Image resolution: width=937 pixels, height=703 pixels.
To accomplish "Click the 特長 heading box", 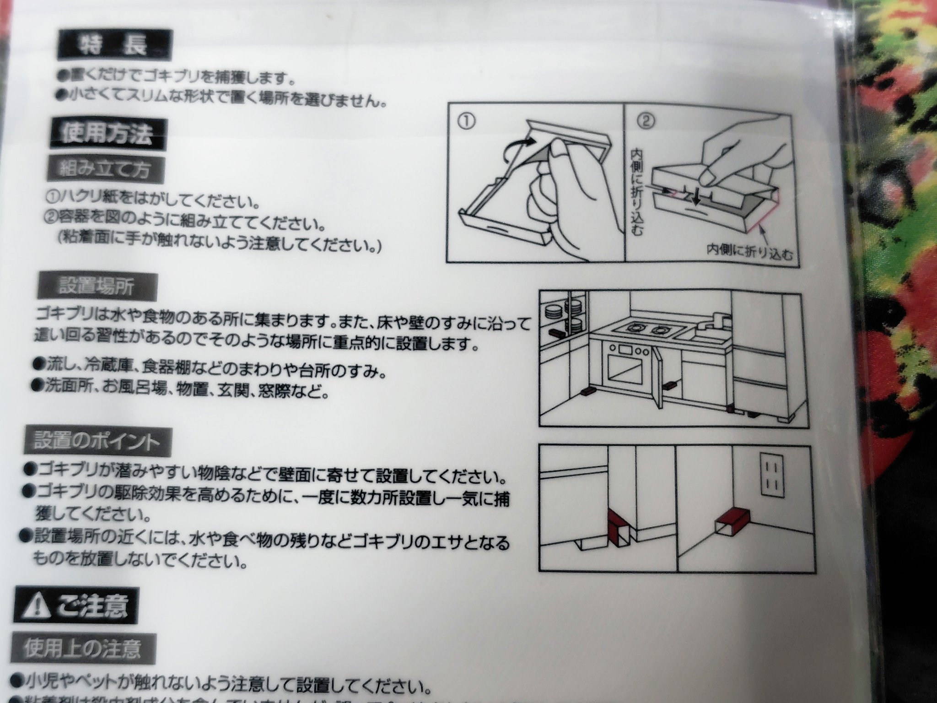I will click(114, 45).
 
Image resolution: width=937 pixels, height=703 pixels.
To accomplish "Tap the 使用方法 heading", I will click(106, 134).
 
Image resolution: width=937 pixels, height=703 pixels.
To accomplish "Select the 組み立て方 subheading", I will click(105, 170).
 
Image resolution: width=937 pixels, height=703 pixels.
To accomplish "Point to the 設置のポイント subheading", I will click(97, 441).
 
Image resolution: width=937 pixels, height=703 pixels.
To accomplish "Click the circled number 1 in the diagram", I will click(466, 121).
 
